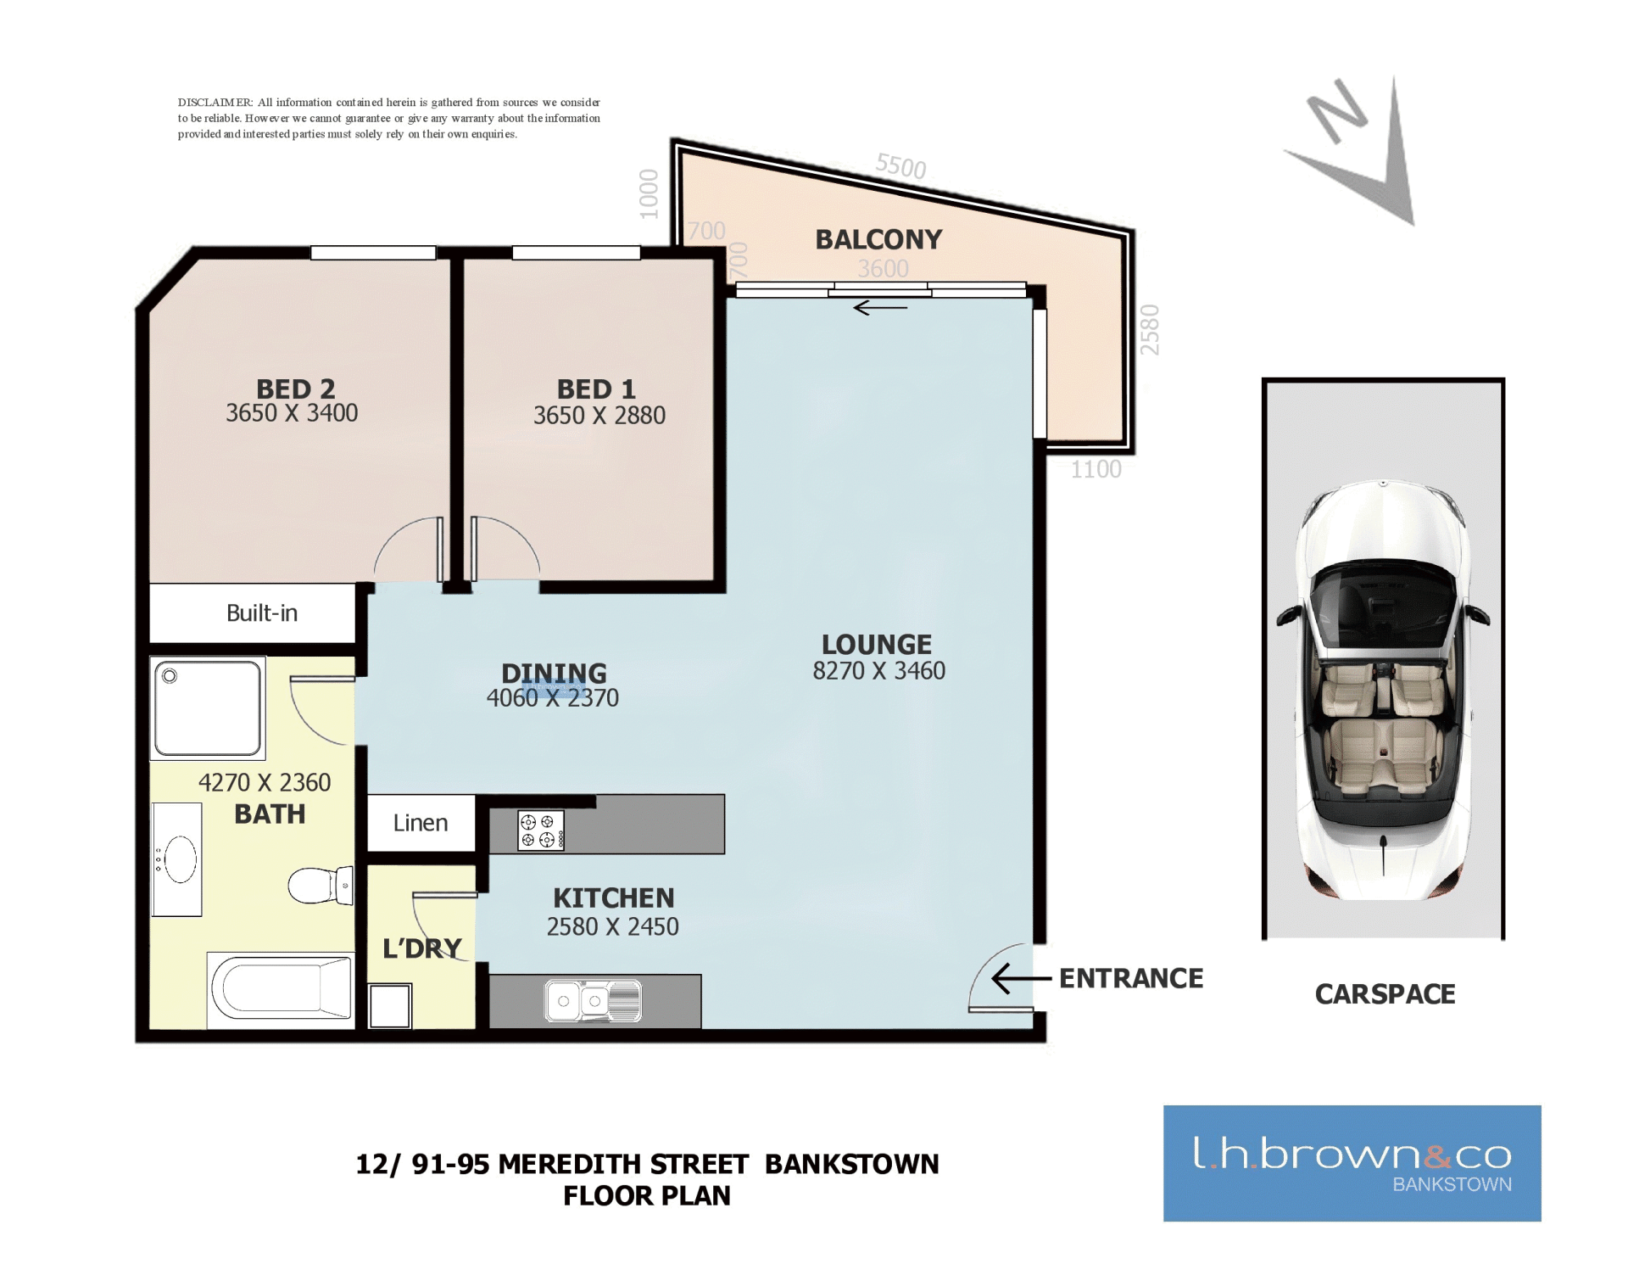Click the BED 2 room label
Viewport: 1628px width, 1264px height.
(296, 389)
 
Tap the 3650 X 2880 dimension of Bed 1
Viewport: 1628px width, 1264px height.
(599, 416)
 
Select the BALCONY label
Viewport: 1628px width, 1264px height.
(878, 240)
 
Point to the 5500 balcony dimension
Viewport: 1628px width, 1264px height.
(900, 165)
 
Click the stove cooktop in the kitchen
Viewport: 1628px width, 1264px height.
(541, 830)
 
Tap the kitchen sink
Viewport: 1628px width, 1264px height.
(594, 1001)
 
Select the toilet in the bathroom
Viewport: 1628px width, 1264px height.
(321, 885)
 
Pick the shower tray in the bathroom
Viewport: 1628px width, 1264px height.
(208, 708)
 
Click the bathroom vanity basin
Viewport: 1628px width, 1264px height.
(177, 859)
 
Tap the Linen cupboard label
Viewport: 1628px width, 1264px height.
(421, 823)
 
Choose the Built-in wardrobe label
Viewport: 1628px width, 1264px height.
(262, 613)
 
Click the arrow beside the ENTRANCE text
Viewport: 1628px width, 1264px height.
(1021, 978)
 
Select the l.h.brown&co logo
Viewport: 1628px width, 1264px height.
(1352, 1163)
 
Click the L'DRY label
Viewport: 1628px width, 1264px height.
(422, 948)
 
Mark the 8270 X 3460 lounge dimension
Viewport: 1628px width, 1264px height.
(878, 671)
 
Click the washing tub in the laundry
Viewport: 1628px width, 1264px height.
(390, 1005)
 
